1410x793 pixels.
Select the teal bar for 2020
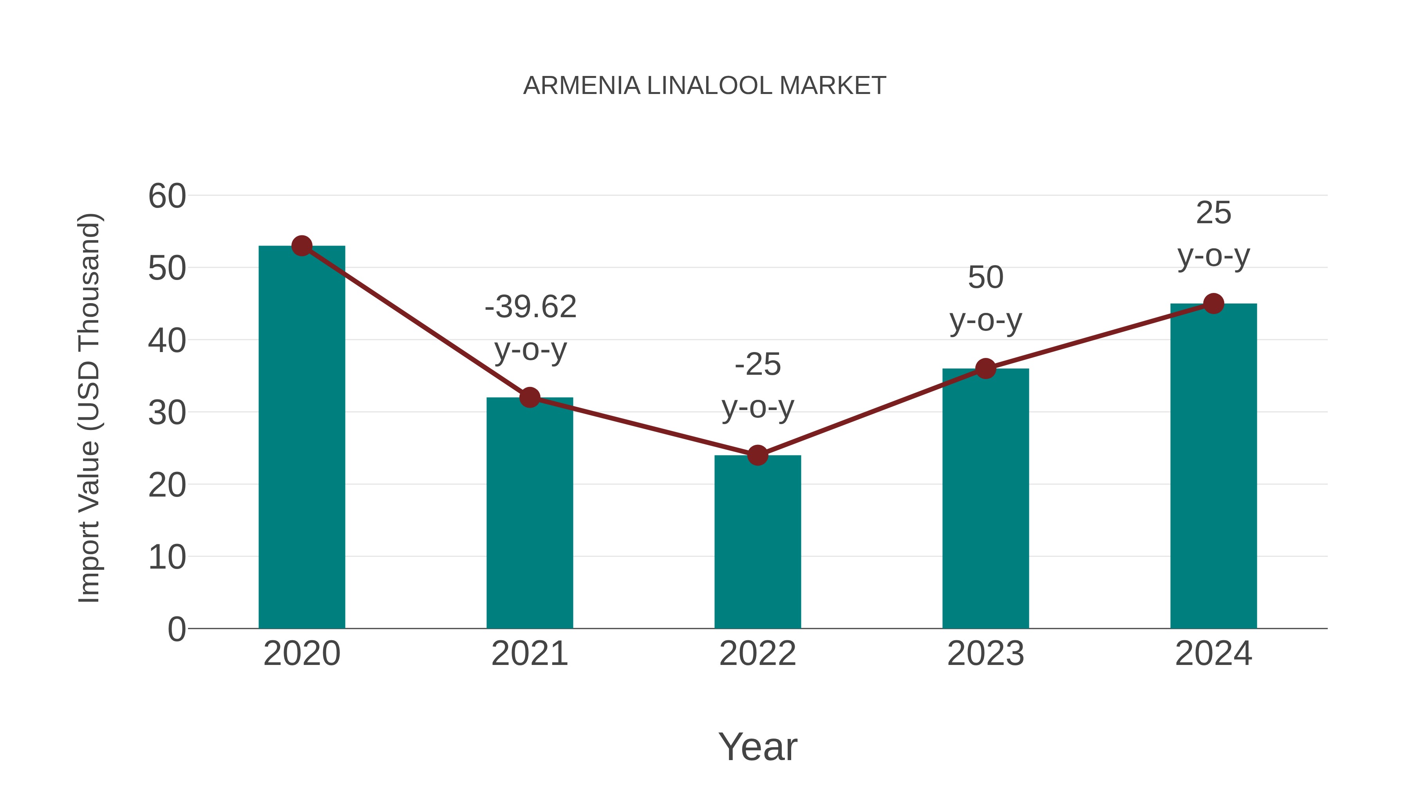302,438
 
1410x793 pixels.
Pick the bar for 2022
757,542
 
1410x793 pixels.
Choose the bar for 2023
985,498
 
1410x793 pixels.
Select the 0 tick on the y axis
176,629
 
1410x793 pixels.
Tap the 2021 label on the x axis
529,654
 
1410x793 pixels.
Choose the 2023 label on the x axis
985,654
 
